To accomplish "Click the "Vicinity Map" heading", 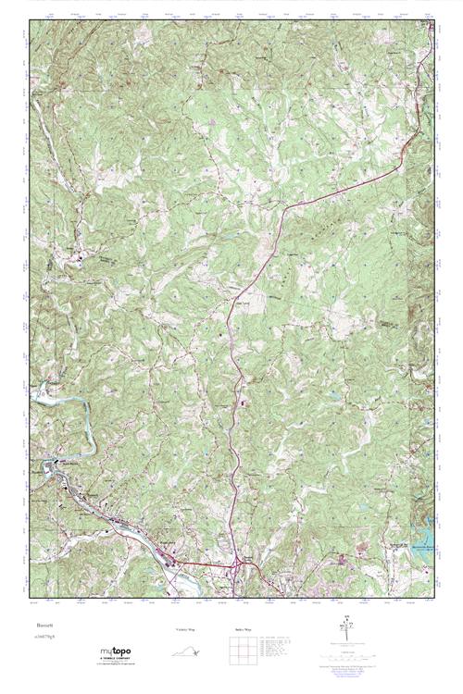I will click(x=186, y=630).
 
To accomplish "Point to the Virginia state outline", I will click(x=187, y=651).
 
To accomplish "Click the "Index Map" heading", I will click(x=243, y=630).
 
